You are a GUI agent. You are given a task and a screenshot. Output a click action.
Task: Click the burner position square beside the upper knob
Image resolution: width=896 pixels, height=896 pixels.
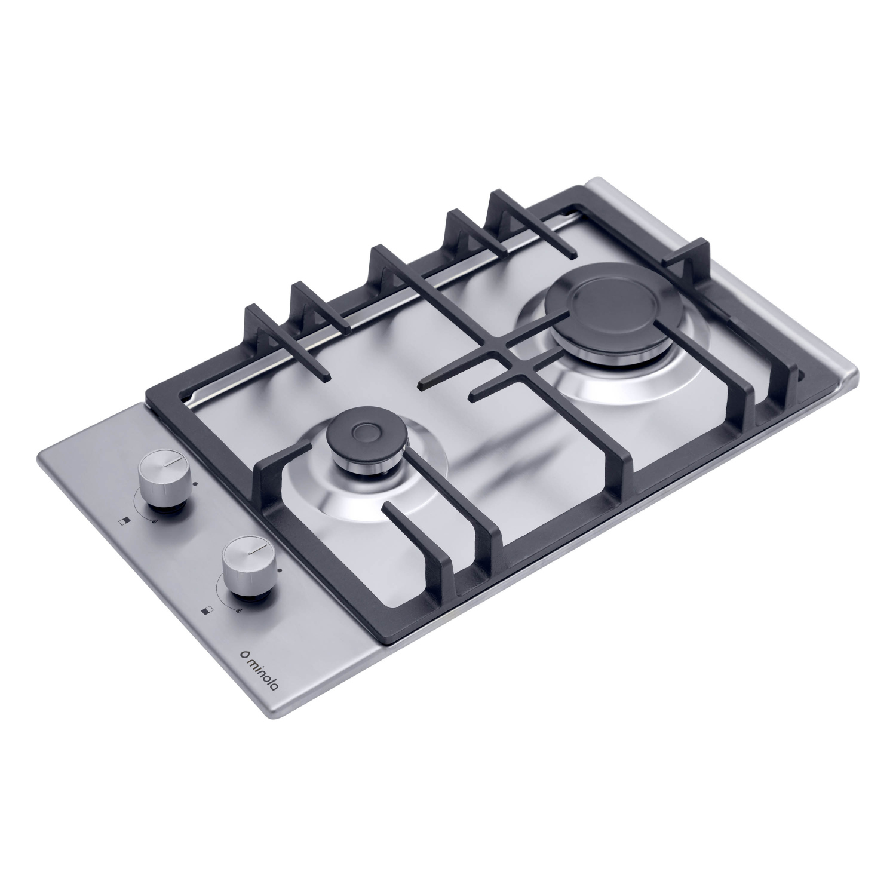124,521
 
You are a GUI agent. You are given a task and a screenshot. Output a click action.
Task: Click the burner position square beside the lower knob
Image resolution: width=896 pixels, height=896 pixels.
207,610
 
